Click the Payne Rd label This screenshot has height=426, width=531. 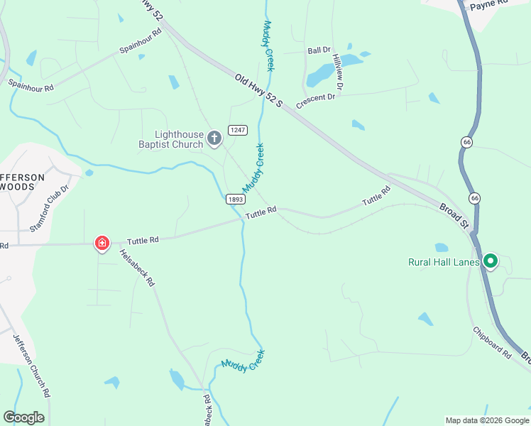(x=490, y=4)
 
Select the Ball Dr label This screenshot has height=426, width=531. (x=319, y=50)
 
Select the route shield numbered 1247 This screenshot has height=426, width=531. (x=237, y=130)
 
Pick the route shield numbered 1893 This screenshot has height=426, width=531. (x=236, y=200)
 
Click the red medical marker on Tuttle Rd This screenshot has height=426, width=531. (x=102, y=244)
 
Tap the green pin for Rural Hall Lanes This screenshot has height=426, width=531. (x=490, y=262)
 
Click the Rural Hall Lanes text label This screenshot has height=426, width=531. (x=444, y=262)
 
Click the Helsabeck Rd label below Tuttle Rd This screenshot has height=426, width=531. (x=136, y=267)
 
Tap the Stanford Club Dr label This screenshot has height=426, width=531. (x=50, y=210)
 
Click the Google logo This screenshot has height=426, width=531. (x=23, y=417)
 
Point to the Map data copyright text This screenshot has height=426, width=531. (x=486, y=420)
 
